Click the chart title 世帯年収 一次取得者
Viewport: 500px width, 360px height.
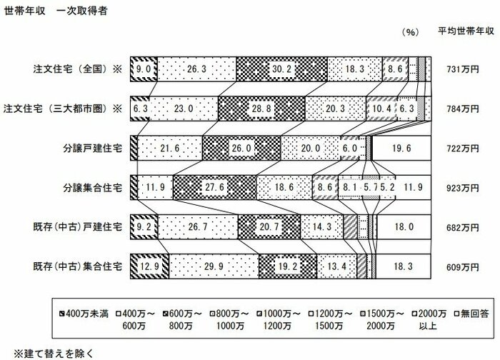coord(55,11)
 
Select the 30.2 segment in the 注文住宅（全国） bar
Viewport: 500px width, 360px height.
coord(282,69)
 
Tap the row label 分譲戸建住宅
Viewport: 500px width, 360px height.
coord(92,149)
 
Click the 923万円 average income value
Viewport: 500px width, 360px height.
coord(463,188)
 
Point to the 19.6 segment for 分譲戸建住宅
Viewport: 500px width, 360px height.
coord(401,149)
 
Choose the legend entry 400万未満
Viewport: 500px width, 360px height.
coord(84,314)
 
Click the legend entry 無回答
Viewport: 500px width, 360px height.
coord(471,314)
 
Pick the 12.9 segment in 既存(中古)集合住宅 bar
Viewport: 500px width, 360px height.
coord(149,266)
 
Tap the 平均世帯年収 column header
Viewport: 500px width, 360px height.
coord(466,31)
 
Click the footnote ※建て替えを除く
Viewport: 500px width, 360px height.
coord(54,354)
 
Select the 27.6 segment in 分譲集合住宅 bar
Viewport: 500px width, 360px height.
coord(214,187)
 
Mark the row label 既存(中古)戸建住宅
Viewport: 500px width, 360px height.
coord(77,227)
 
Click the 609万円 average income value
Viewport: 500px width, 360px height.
coord(463,267)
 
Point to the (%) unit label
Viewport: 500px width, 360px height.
coord(410,32)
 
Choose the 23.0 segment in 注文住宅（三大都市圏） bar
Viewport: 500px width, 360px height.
coord(184,109)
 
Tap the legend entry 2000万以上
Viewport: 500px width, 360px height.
coord(429,320)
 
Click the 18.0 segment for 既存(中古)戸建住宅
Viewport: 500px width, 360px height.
coord(404,227)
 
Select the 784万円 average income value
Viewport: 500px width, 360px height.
coord(463,109)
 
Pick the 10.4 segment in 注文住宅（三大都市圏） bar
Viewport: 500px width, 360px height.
coord(381,109)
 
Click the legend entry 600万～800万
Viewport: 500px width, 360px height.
coord(181,320)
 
